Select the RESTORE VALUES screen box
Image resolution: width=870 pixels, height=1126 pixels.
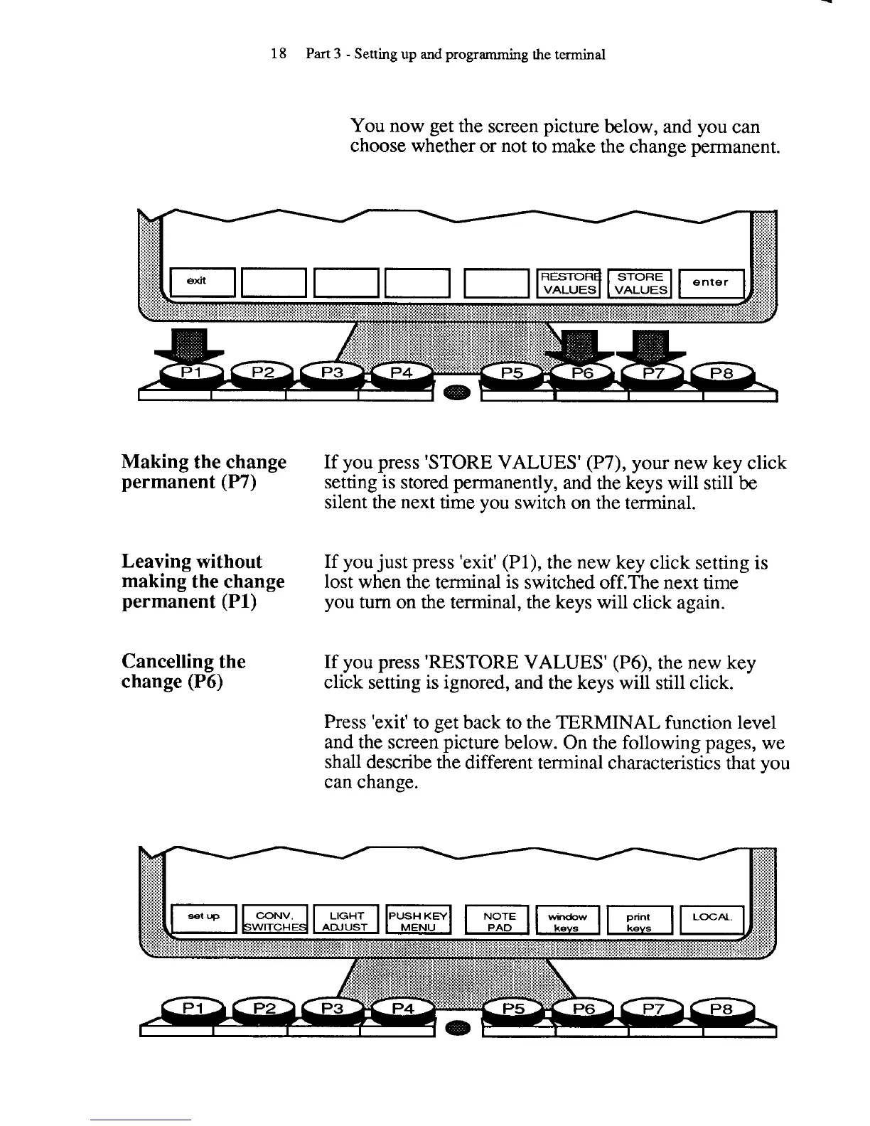tap(569, 282)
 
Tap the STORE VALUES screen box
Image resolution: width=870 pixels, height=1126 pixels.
tap(640, 282)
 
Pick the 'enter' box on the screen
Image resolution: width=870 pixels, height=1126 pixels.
tap(711, 282)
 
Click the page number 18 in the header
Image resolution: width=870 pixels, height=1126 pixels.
tap(279, 54)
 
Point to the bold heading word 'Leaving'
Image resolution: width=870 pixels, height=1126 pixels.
tap(151, 562)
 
